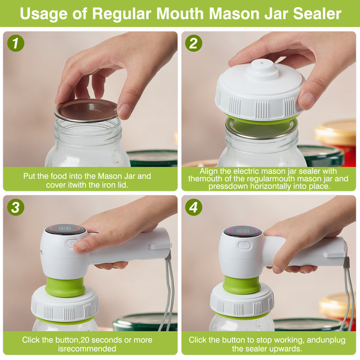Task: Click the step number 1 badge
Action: pyautogui.click(x=16, y=43)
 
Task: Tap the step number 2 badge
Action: pyautogui.click(x=194, y=43)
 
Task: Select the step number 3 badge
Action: pyautogui.click(x=16, y=207)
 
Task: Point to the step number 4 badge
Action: pyautogui.click(x=194, y=207)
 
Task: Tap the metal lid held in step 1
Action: pyautogui.click(x=86, y=110)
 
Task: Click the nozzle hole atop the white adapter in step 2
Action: pyautogui.click(x=261, y=62)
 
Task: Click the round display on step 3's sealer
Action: pyautogui.click(x=65, y=229)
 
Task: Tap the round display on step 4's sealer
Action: pyautogui.click(x=242, y=231)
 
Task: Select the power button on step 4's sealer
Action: pyautogui.click(x=244, y=245)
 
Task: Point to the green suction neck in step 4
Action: pyautogui.click(x=242, y=285)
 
